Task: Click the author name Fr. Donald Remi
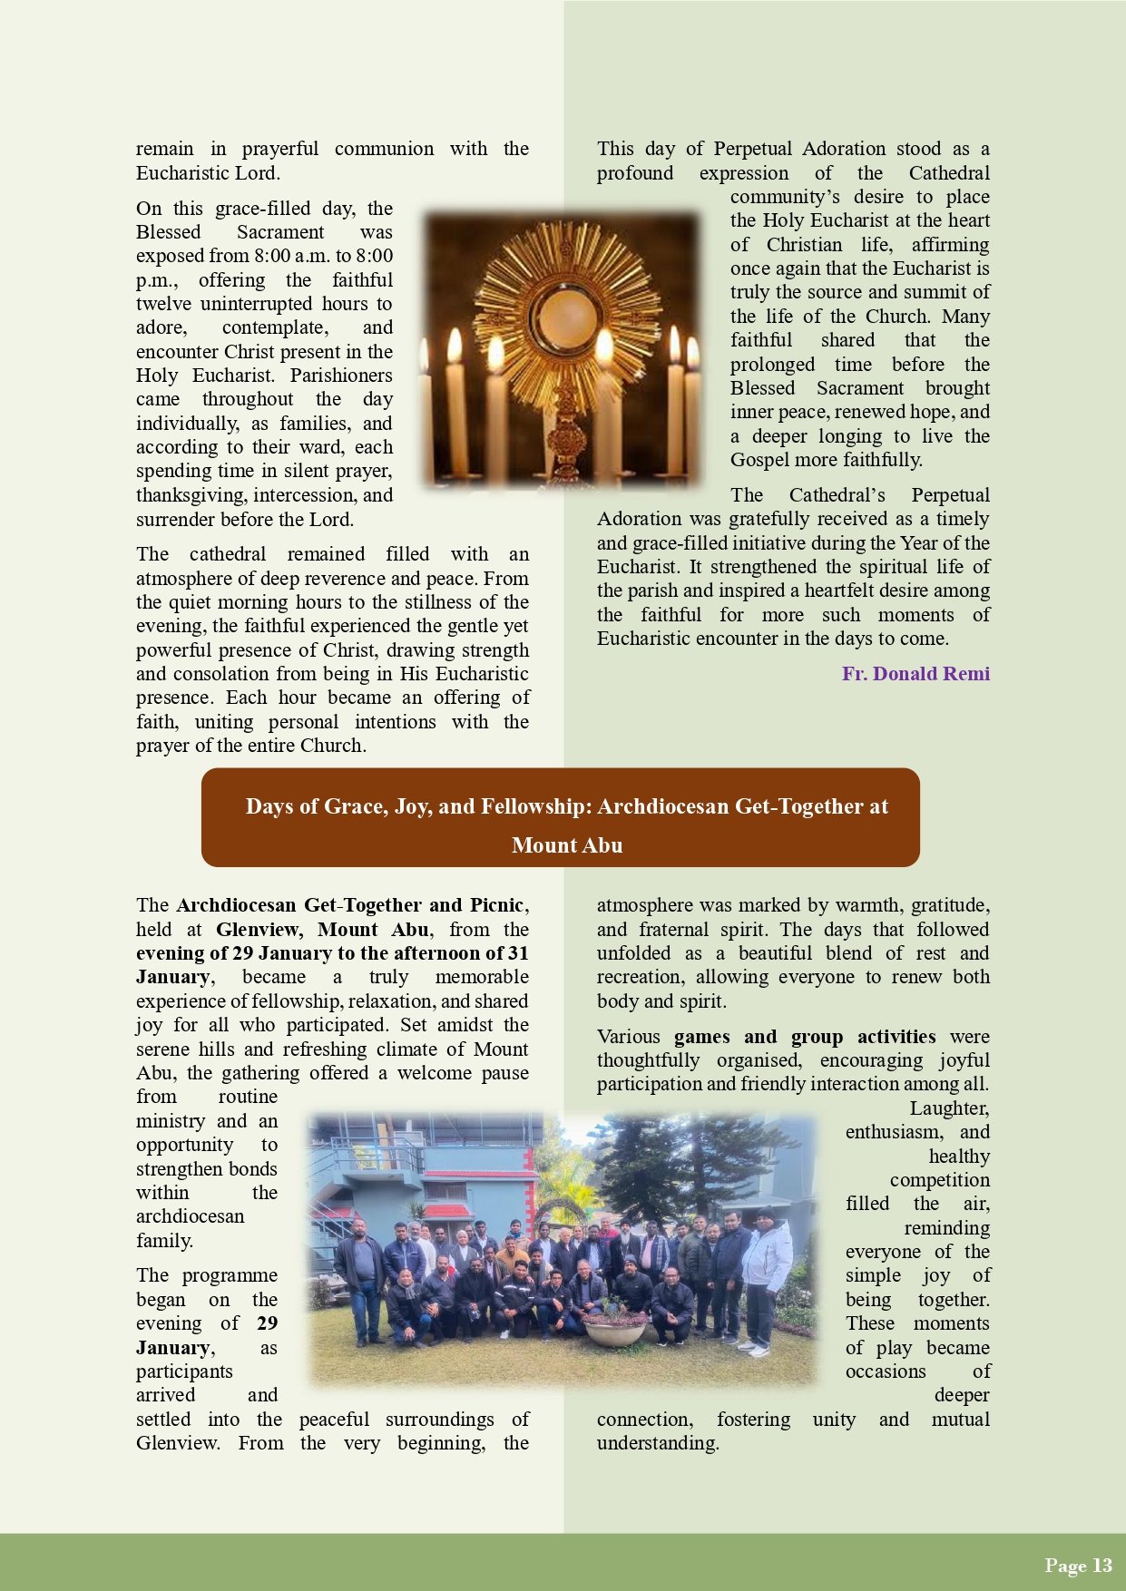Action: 915,674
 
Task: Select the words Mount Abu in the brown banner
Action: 567,845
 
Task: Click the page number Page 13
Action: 1078,1565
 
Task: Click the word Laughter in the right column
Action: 949,1108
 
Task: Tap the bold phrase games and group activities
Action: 804,1037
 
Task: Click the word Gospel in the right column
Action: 759,460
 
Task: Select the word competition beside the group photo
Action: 939,1180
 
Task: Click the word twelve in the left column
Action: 164,304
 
